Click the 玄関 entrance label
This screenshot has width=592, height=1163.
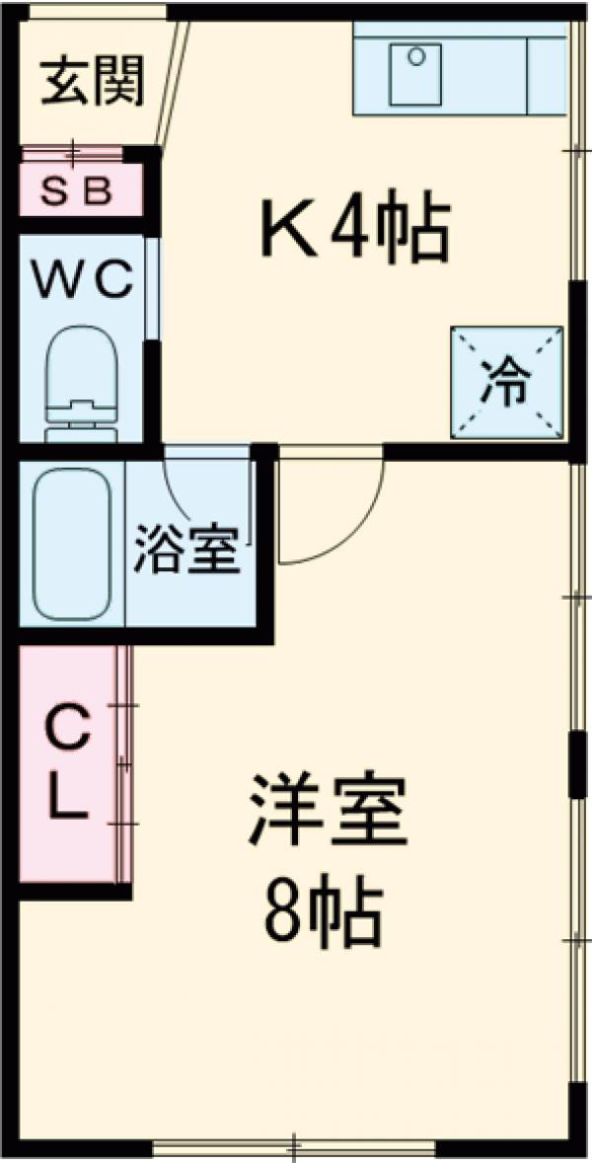tap(93, 82)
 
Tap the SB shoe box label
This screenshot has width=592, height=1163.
tap(80, 190)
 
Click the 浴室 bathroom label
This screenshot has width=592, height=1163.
tap(187, 550)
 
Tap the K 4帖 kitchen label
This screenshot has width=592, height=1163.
tap(354, 229)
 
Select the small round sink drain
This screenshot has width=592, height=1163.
tap(417, 56)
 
